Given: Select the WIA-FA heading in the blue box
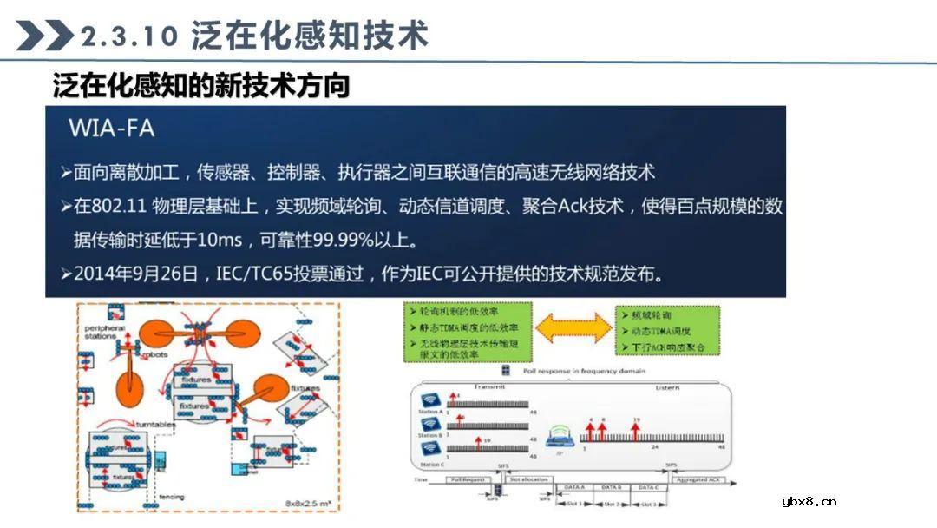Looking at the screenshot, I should point(111,129).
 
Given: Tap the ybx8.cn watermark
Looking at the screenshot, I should point(809,501).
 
